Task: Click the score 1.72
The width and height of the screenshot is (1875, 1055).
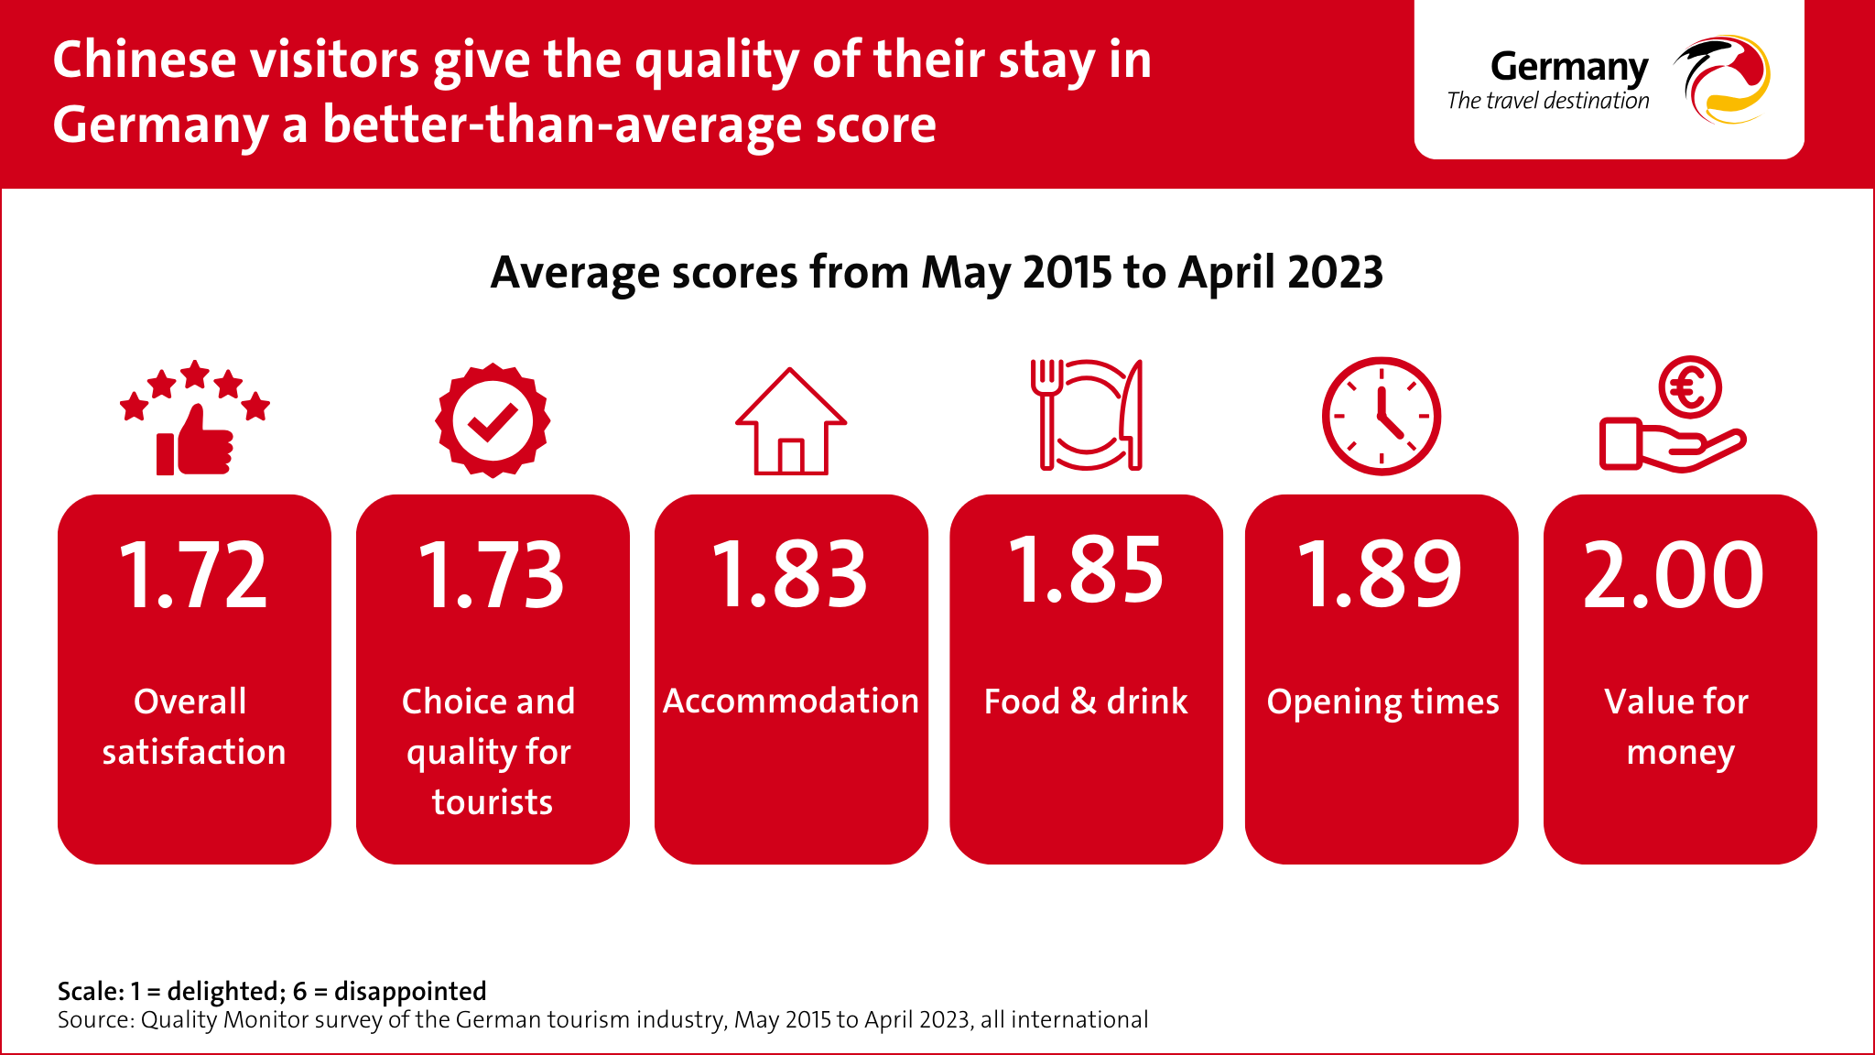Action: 193,574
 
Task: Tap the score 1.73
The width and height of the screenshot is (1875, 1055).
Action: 492,574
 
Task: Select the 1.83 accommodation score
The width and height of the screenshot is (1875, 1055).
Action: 789,574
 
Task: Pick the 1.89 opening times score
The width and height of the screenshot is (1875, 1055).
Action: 1381,574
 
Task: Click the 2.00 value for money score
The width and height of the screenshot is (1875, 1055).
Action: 1674,574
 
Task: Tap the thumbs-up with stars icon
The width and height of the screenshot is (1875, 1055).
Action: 195,418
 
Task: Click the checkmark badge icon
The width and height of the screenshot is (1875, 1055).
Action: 493,420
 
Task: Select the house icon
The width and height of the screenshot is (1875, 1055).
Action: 791,421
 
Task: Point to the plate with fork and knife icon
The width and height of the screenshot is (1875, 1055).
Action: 1087,415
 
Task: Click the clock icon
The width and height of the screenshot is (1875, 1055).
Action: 1382,417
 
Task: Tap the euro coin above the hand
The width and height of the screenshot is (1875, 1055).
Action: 1690,387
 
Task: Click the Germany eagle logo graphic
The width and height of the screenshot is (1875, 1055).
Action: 1721,80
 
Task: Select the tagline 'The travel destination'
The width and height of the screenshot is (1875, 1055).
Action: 1548,101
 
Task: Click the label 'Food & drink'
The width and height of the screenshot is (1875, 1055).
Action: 1086,702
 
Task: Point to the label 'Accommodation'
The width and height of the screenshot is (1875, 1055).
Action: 791,701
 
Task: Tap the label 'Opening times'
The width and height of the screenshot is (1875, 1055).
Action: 1382,702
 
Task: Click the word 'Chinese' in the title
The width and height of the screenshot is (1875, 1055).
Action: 145,60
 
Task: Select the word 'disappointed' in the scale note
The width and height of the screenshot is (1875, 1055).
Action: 410,991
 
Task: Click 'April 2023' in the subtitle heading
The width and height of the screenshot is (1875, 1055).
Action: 1281,272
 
